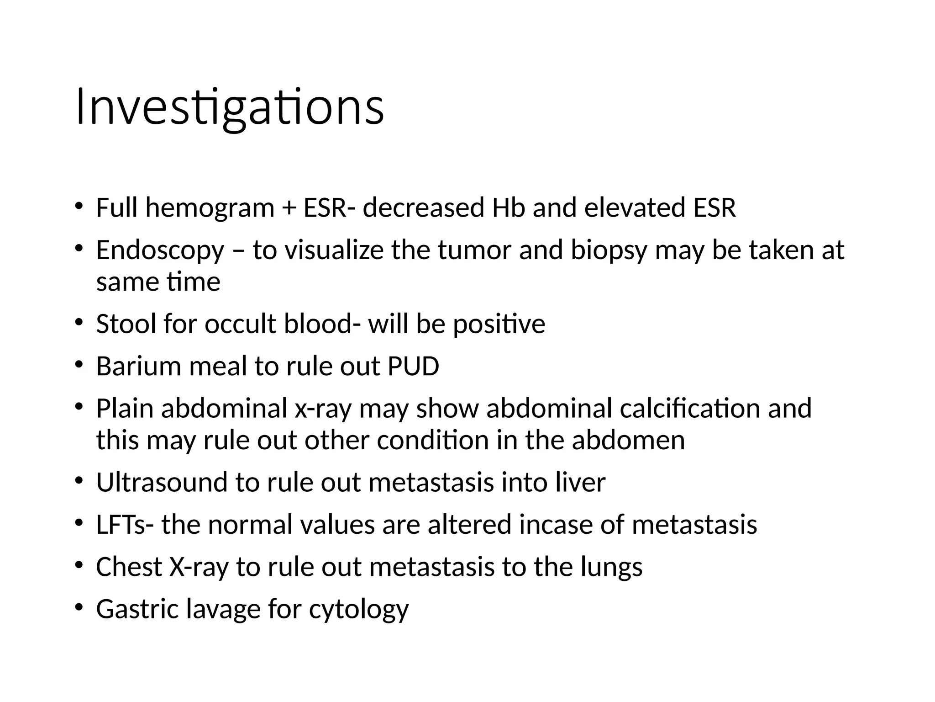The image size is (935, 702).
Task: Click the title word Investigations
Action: click(x=230, y=108)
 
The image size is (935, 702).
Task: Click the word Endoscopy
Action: click(x=160, y=251)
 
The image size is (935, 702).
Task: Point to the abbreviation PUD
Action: click(x=413, y=366)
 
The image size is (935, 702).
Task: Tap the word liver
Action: click(x=580, y=482)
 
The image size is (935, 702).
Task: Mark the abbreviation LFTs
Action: click(x=121, y=524)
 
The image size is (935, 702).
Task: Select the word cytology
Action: click(x=359, y=610)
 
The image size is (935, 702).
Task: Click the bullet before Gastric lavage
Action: click(x=79, y=607)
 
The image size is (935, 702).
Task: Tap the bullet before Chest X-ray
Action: click(x=79, y=565)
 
